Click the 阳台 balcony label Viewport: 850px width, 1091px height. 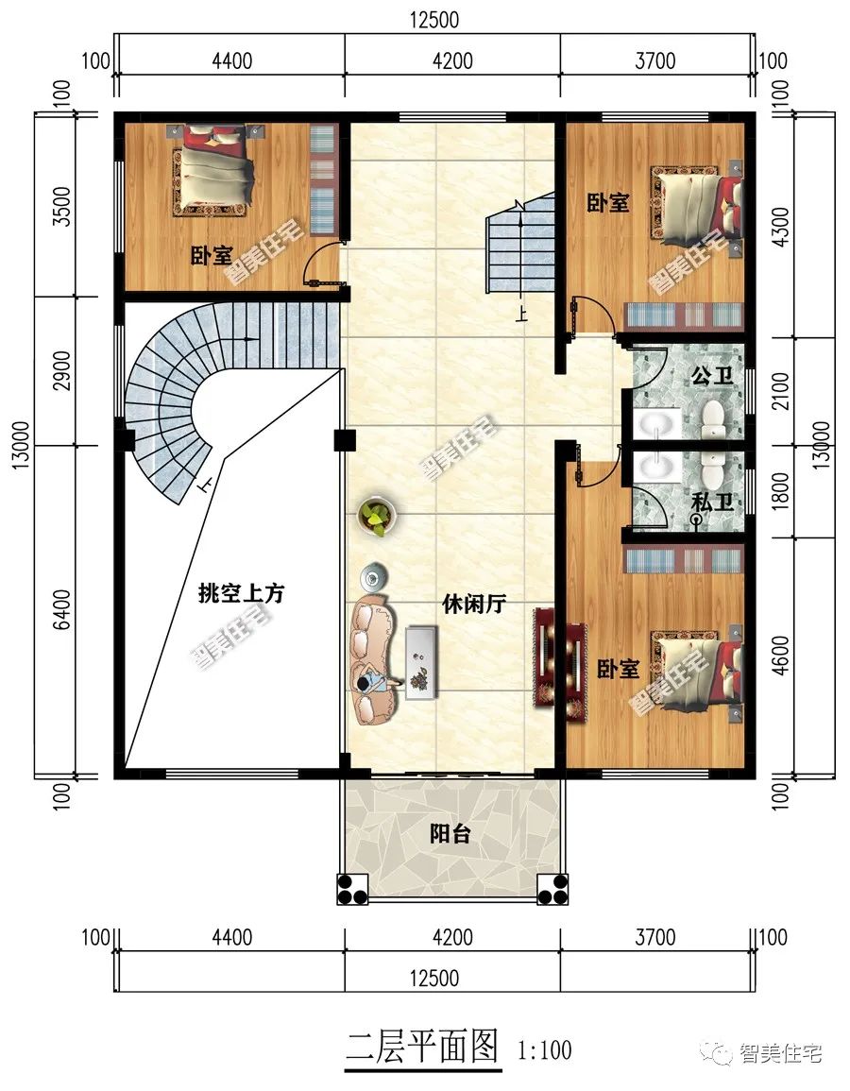click(x=450, y=833)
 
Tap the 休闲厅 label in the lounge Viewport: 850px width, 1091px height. click(x=474, y=604)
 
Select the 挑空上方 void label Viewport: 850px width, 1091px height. click(x=242, y=593)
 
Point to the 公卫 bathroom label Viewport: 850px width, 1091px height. click(x=711, y=377)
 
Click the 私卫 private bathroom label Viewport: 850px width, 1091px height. click(x=713, y=502)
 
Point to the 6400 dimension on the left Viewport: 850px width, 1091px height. click(x=62, y=609)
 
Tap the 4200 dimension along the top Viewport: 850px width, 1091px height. click(x=452, y=60)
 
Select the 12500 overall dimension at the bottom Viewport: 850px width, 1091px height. click(x=434, y=978)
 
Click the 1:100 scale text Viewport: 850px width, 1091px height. click(x=545, y=1049)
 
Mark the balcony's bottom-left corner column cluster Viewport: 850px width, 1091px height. click(x=352, y=889)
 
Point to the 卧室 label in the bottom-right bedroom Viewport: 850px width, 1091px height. click(x=618, y=669)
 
